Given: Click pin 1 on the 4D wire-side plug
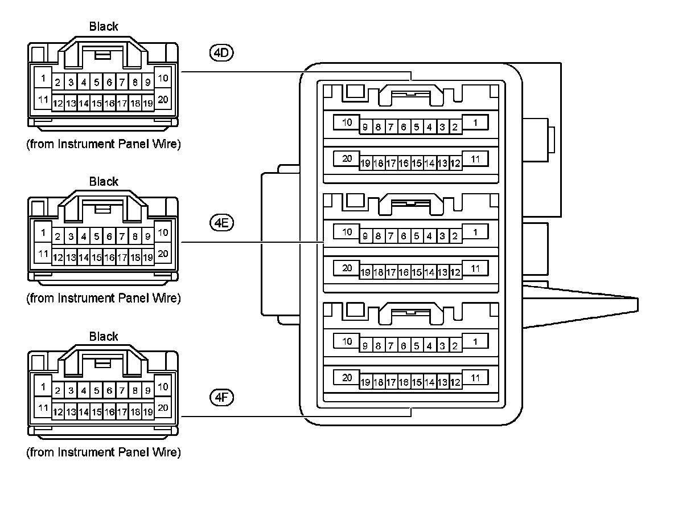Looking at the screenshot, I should tap(43, 77).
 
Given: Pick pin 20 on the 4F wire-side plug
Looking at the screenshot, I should tap(163, 407).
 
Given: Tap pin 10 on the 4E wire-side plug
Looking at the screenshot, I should tap(163, 232).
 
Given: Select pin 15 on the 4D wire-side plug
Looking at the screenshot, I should tap(97, 104).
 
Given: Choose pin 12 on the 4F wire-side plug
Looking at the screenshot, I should tap(57, 411).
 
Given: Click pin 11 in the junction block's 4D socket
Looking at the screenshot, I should tap(475, 159).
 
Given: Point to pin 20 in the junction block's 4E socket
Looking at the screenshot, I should tap(347, 267).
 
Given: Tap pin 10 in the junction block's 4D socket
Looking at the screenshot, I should tap(347, 123).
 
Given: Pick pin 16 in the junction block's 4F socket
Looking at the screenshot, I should tap(404, 382).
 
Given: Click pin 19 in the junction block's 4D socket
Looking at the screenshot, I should tap(365, 164).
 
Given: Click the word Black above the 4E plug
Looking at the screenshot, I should tap(104, 182).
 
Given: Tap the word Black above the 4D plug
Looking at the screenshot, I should tap(104, 27).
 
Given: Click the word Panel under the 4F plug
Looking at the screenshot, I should tap(127, 453).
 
